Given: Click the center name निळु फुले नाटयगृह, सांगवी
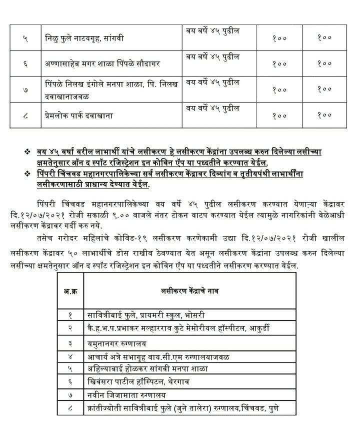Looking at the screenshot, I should [x=83, y=38].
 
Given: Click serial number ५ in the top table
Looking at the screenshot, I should [x=25, y=38].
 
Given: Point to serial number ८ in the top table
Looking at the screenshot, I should [x=25, y=115].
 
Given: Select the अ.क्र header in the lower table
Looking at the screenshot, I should [x=69, y=290].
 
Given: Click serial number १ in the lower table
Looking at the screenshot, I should [x=71, y=315].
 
